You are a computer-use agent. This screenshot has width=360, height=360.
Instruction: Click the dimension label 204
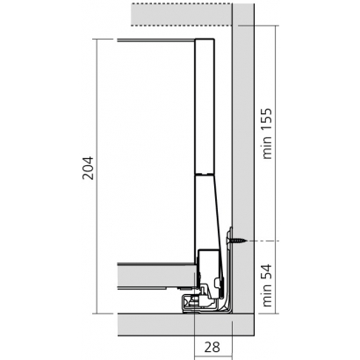pyautogui.click(x=88, y=168)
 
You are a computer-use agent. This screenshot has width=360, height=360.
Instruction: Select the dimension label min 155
pyautogui.click(x=267, y=133)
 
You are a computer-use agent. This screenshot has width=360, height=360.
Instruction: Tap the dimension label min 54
pyautogui.click(x=267, y=285)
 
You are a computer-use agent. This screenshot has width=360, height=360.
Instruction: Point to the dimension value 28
pyautogui.click(x=212, y=347)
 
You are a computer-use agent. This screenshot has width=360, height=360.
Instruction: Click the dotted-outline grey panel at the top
pyautogui.click(x=182, y=15)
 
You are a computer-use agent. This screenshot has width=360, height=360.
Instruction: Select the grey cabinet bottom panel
pyautogui.click(x=185, y=325)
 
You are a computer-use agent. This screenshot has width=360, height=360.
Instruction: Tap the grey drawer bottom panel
pyautogui.click(x=156, y=277)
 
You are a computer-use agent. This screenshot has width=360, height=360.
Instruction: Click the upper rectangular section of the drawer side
pyautogui.click(x=205, y=106)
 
